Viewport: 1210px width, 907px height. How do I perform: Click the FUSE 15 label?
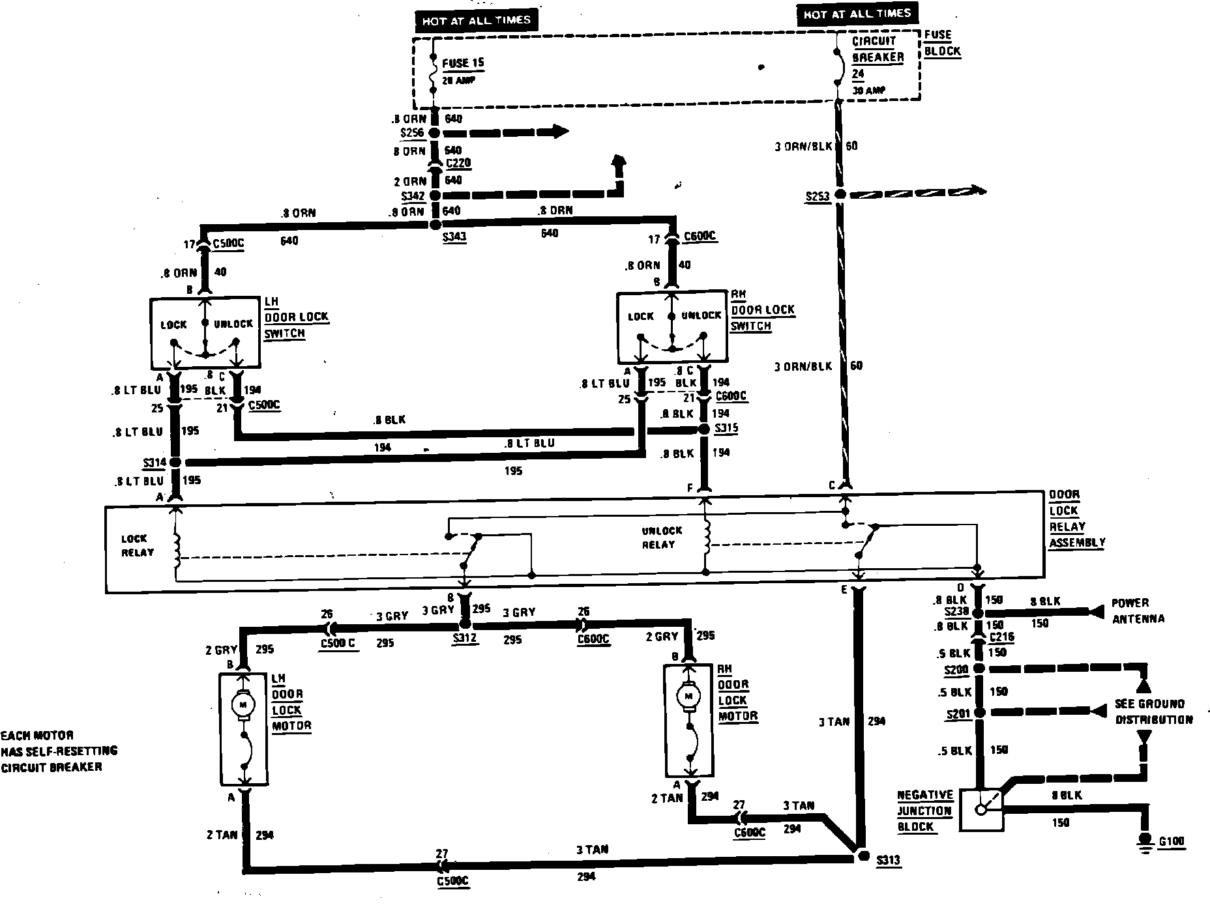[462, 64]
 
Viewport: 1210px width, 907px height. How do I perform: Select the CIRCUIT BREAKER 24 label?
[878, 57]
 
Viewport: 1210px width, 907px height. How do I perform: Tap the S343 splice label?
[454, 238]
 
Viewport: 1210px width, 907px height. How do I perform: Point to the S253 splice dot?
[840, 194]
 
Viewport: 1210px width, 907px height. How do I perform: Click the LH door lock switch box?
[205, 332]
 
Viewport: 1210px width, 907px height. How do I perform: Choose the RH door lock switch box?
[671, 327]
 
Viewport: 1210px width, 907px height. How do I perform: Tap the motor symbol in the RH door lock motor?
[688, 696]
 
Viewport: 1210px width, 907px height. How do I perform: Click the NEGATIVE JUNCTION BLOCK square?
[982, 810]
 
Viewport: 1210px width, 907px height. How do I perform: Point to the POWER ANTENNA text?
[1138, 611]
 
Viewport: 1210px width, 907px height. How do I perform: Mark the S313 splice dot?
[862, 856]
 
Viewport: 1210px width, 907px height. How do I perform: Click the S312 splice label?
[465, 639]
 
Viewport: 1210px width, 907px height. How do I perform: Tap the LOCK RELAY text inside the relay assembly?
[138, 545]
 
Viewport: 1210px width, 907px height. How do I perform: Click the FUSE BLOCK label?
[942, 43]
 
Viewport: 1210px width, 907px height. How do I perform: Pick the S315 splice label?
[726, 428]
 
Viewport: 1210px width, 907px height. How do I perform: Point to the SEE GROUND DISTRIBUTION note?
[1153, 712]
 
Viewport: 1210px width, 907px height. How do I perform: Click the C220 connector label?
[458, 163]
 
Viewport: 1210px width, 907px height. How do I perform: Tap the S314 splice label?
[155, 463]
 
